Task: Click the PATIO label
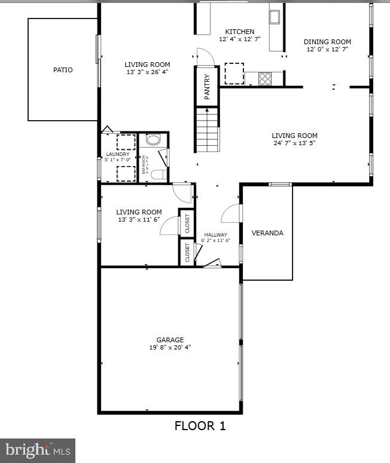coord(63,70)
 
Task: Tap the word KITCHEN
coord(239,32)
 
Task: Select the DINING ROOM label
coord(327,42)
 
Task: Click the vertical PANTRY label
coord(207,86)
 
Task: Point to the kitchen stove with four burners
coord(264,78)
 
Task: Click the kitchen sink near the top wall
coord(275,16)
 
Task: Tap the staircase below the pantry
coord(208,130)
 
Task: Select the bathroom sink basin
coord(153,140)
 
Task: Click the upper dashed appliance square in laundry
coord(126,142)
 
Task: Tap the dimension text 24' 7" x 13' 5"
coord(294,143)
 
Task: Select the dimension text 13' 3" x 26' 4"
coord(147,72)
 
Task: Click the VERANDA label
coord(267,233)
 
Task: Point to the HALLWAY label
coord(215,235)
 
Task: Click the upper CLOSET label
coord(187,223)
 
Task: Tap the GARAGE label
coord(170,340)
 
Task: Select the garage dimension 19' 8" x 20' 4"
coord(170,347)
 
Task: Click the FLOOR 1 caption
coord(200,426)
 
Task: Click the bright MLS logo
coord(38,449)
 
